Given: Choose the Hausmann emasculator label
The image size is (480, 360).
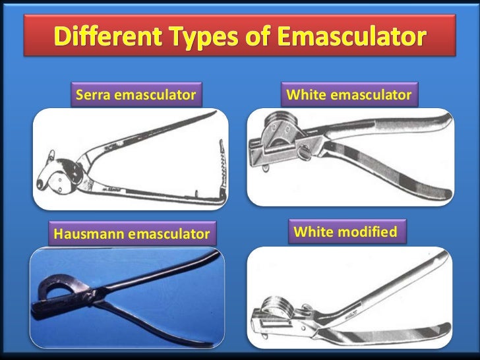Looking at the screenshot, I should [133, 233].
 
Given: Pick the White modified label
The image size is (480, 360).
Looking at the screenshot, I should [345, 232].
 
